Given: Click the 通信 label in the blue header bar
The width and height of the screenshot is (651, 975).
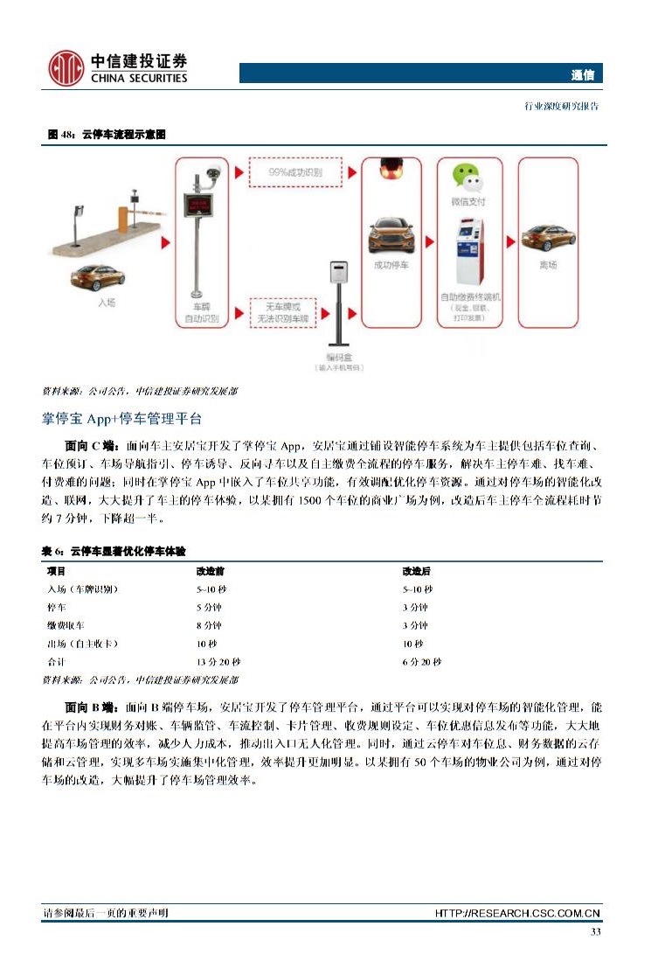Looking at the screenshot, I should point(584,75).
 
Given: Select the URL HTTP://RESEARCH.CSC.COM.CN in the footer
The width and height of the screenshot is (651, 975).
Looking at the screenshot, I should point(517,914).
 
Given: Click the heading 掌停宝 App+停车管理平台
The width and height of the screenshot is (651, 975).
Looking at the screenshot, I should point(121,418).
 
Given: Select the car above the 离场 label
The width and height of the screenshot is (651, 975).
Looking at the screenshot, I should point(547,237).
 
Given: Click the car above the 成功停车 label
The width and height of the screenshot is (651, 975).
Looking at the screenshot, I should point(391,236).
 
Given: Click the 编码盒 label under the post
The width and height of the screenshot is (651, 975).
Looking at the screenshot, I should point(338,359).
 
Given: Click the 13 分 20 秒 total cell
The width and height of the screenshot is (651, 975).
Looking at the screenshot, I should point(218,662).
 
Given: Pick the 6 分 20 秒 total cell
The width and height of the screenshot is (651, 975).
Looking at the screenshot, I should point(421,662).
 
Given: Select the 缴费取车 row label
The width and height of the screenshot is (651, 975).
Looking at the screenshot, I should point(66,625).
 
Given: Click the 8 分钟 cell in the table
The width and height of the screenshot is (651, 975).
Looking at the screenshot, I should point(209,625).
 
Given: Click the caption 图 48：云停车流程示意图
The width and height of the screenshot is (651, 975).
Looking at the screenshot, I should point(107,135).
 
